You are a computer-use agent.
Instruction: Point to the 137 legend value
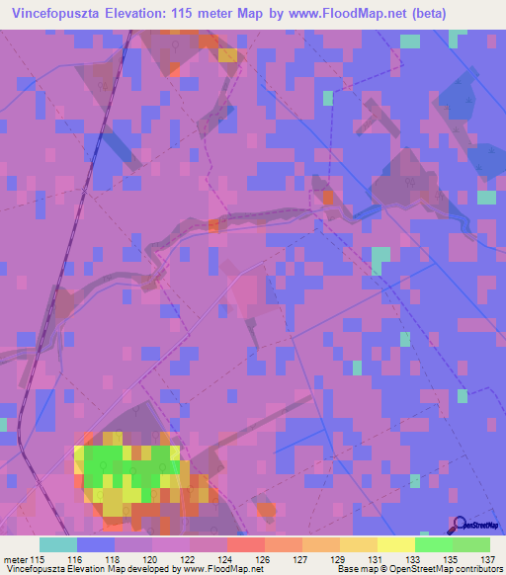(x=487, y=558)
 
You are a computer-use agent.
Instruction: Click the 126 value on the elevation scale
(x=262, y=558)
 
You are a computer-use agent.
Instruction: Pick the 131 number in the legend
(x=376, y=558)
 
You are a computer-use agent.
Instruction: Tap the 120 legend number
(x=150, y=558)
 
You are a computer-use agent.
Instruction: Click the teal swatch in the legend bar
(x=57, y=544)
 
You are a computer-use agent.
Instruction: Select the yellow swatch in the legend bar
(x=395, y=544)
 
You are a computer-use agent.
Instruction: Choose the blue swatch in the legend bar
(x=95, y=544)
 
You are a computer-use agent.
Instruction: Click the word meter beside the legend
(x=14, y=558)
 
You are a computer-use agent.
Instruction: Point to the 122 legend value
(x=188, y=558)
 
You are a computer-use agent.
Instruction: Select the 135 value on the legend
(x=450, y=558)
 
